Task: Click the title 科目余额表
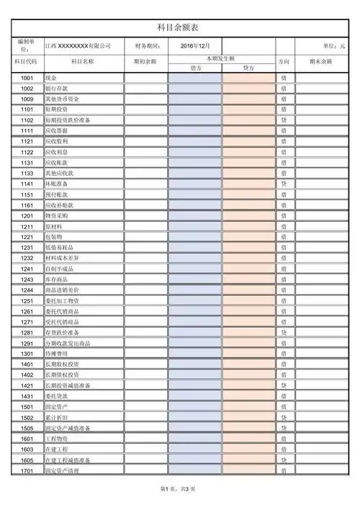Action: [180, 27]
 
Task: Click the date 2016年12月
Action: [195, 45]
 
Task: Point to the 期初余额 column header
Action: [145, 62]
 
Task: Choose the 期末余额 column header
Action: [320, 62]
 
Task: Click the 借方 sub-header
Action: [195, 68]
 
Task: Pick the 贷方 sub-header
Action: [248, 68]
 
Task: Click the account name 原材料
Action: [55, 226]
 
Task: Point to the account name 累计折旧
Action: [57, 417]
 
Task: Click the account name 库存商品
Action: [57, 279]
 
